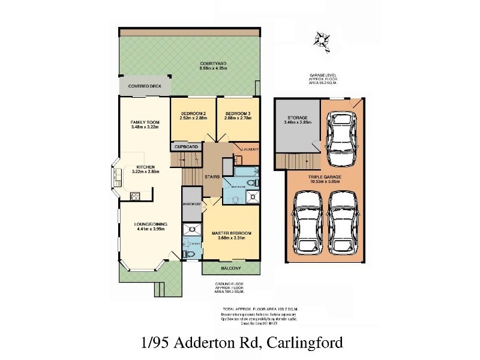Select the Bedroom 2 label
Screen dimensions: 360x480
(193, 113)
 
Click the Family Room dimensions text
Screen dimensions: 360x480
(144, 127)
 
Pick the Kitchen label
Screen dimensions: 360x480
(146, 167)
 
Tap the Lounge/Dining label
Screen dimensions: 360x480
(151, 224)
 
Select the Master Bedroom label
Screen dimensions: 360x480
(231, 233)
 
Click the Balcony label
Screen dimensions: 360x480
(231, 268)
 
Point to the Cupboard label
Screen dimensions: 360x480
(186, 146)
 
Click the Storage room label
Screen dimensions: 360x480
(296, 118)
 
